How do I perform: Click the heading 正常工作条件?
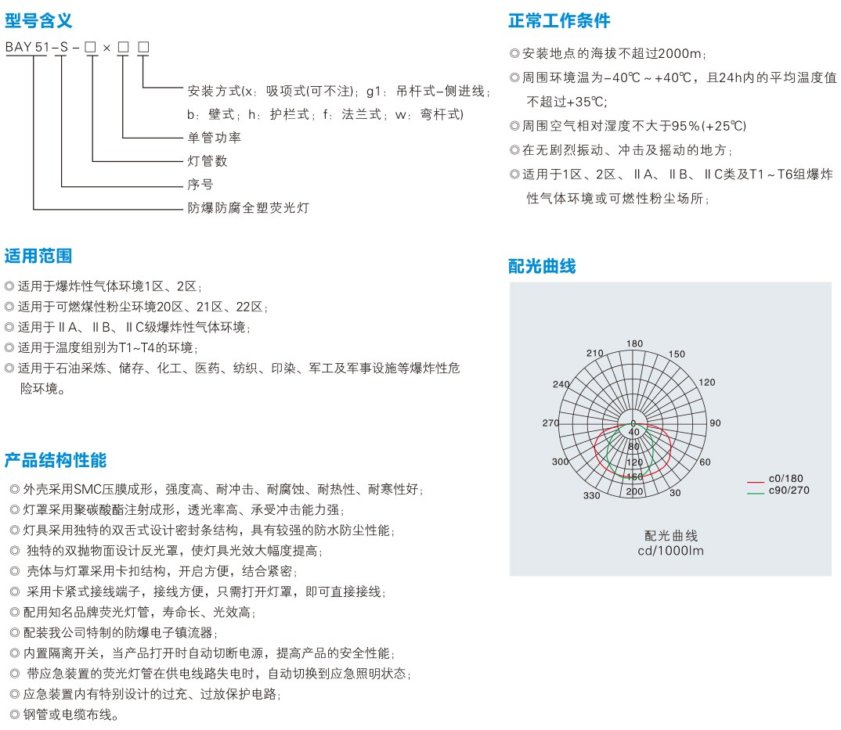click(559, 20)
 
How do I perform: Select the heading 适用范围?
click(38, 256)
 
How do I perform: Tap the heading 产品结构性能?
click(55, 459)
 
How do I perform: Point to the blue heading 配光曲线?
click(542, 266)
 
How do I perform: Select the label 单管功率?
click(214, 138)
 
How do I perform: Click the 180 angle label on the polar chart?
click(634, 343)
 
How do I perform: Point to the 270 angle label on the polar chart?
click(550, 423)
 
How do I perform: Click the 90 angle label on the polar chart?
click(714, 423)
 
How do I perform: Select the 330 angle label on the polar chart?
click(591, 495)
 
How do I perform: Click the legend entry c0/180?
click(785, 479)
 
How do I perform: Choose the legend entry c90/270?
click(789, 491)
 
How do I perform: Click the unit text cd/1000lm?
click(670, 551)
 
